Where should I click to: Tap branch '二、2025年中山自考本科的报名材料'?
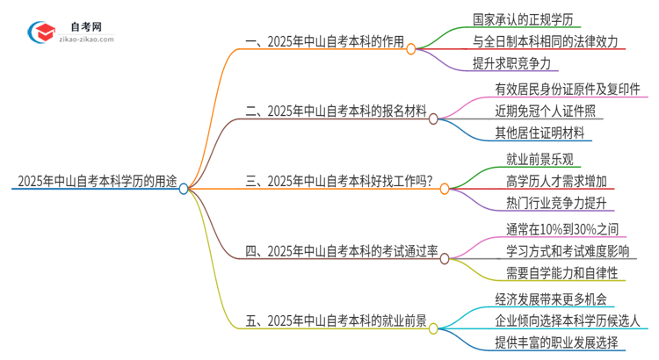[x=337, y=112]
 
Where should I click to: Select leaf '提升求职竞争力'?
[x=511, y=63]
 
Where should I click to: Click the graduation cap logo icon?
[x=41, y=33]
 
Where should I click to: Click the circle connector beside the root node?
[x=184, y=188]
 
